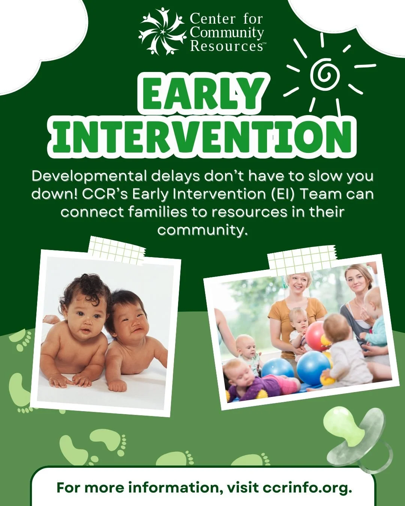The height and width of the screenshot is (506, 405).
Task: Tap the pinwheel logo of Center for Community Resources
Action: point(162,31)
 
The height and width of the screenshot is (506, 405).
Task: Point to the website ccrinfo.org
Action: point(307,488)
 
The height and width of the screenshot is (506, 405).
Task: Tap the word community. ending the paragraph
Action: point(202,229)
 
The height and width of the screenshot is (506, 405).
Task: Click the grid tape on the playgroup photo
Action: point(302,258)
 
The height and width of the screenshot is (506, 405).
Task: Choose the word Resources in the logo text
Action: point(226,46)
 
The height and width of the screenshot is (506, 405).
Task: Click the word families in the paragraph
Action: point(157,212)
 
